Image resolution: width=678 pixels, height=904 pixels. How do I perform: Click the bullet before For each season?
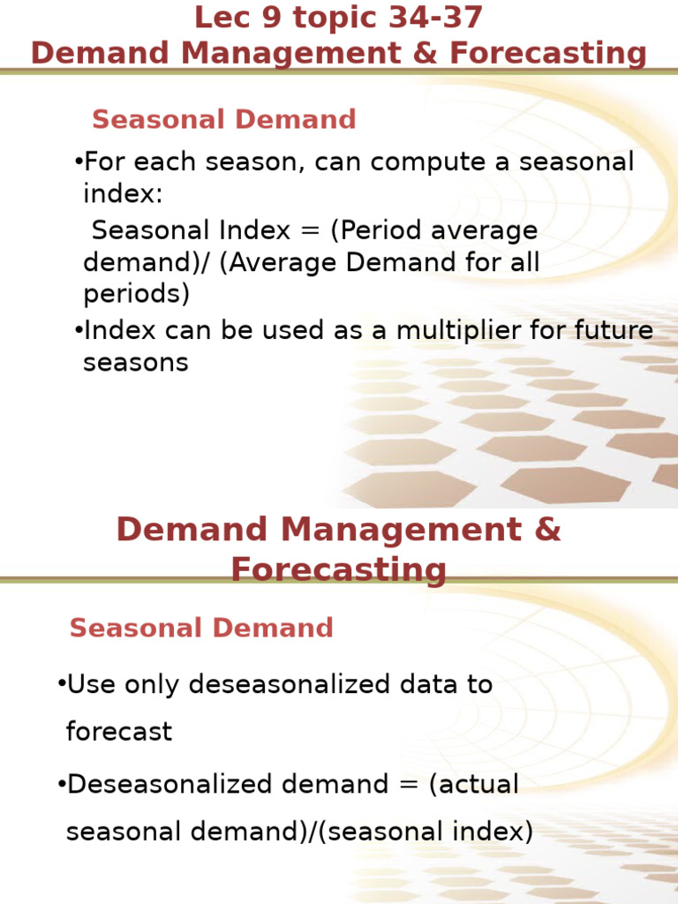click(79, 162)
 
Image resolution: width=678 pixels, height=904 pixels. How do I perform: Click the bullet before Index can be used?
click(79, 331)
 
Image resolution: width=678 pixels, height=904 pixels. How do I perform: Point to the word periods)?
click(136, 294)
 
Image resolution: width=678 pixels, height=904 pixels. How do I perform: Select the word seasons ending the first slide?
click(136, 363)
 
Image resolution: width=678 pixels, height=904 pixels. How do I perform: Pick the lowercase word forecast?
click(119, 732)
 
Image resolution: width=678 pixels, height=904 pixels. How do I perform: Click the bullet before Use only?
click(61, 684)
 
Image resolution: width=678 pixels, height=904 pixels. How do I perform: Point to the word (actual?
click(474, 784)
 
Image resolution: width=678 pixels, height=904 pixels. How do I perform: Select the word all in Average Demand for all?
click(521, 263)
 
